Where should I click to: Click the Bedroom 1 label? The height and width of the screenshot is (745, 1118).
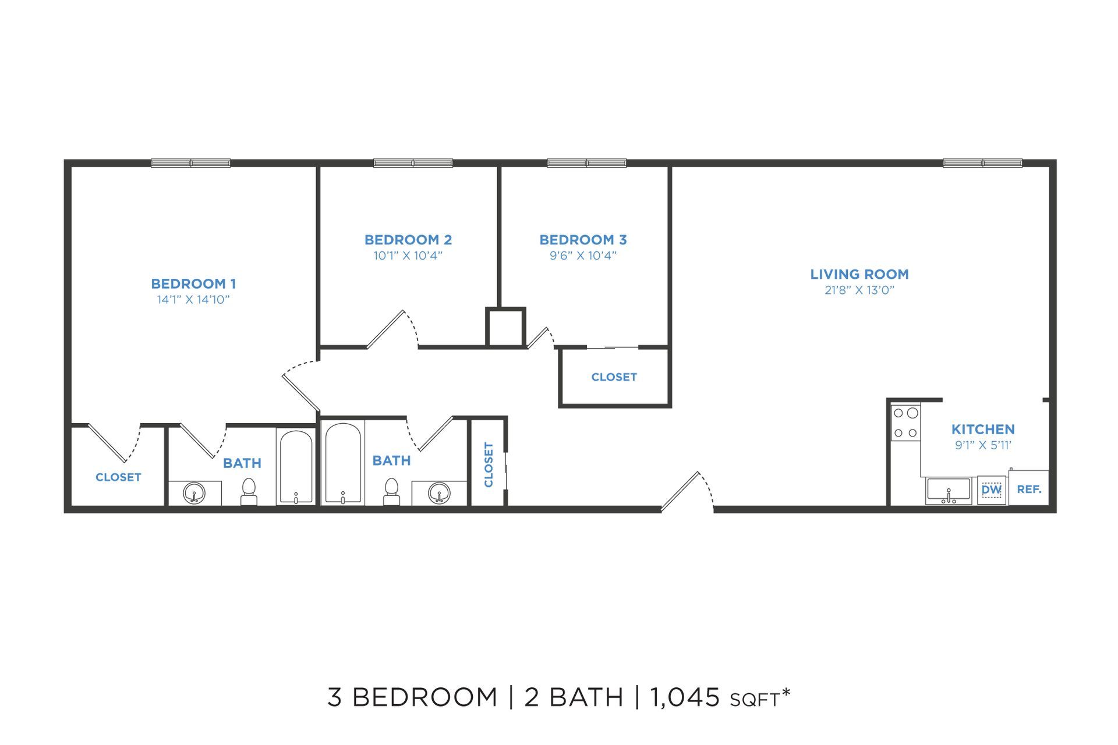[x=193, y=283]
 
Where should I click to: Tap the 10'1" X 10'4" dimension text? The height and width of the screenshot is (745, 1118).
[x=408, y=256]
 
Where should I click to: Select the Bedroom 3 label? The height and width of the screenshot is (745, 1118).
[x=583, y=239]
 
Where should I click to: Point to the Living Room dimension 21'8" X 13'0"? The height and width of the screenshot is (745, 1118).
[x=859, y=290]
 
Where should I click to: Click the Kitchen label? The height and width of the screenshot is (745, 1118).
[x=983, y=429]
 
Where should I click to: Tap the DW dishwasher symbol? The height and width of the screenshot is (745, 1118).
[x=991, y=490]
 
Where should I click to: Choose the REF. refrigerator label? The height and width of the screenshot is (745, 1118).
[x=1029, y=489]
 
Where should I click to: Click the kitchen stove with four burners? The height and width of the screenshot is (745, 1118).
[x=905, y=423]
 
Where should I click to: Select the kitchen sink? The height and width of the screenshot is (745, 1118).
[x=949, y=491]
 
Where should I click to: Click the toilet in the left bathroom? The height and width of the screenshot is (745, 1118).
[x=249, y=491]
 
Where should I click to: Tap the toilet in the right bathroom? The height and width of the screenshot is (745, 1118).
[x=391, y=491]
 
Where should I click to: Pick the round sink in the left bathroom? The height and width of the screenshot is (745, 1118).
[x=194, y=493]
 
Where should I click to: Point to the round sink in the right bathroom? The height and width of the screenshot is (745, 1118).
[x=439, y=493]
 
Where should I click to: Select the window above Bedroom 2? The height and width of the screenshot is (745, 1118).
[x=413, y=163]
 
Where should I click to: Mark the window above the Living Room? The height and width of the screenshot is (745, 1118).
[x=983, y=163]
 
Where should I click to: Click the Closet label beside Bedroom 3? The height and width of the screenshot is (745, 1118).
[x=614, y=377]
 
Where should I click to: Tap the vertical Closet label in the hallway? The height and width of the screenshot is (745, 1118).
[x=489, y=464]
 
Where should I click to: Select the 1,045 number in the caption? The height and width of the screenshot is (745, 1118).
[x=685, y=697]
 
